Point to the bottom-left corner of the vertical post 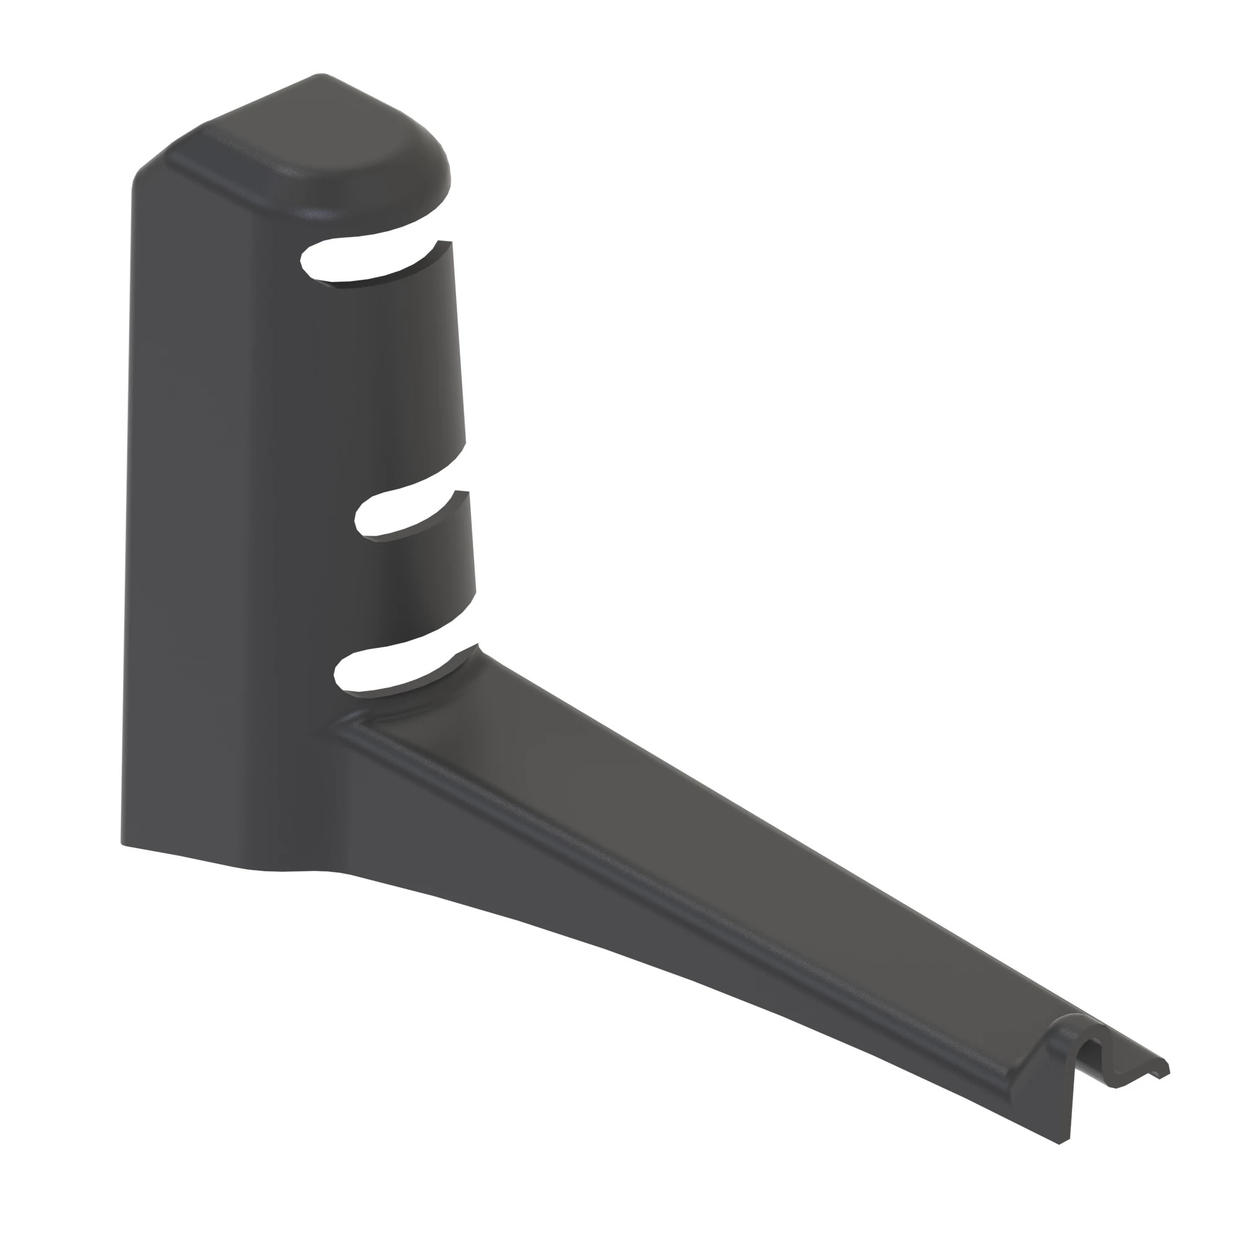coord(124,841)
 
